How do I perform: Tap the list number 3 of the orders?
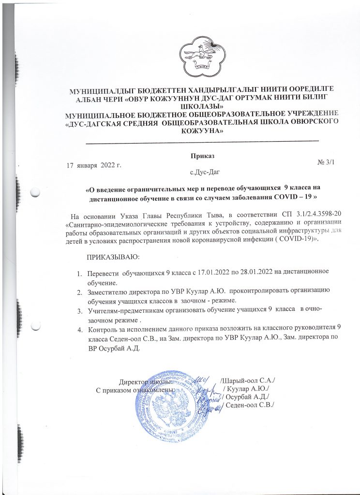(80, 309)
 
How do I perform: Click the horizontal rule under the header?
(202, 140)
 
